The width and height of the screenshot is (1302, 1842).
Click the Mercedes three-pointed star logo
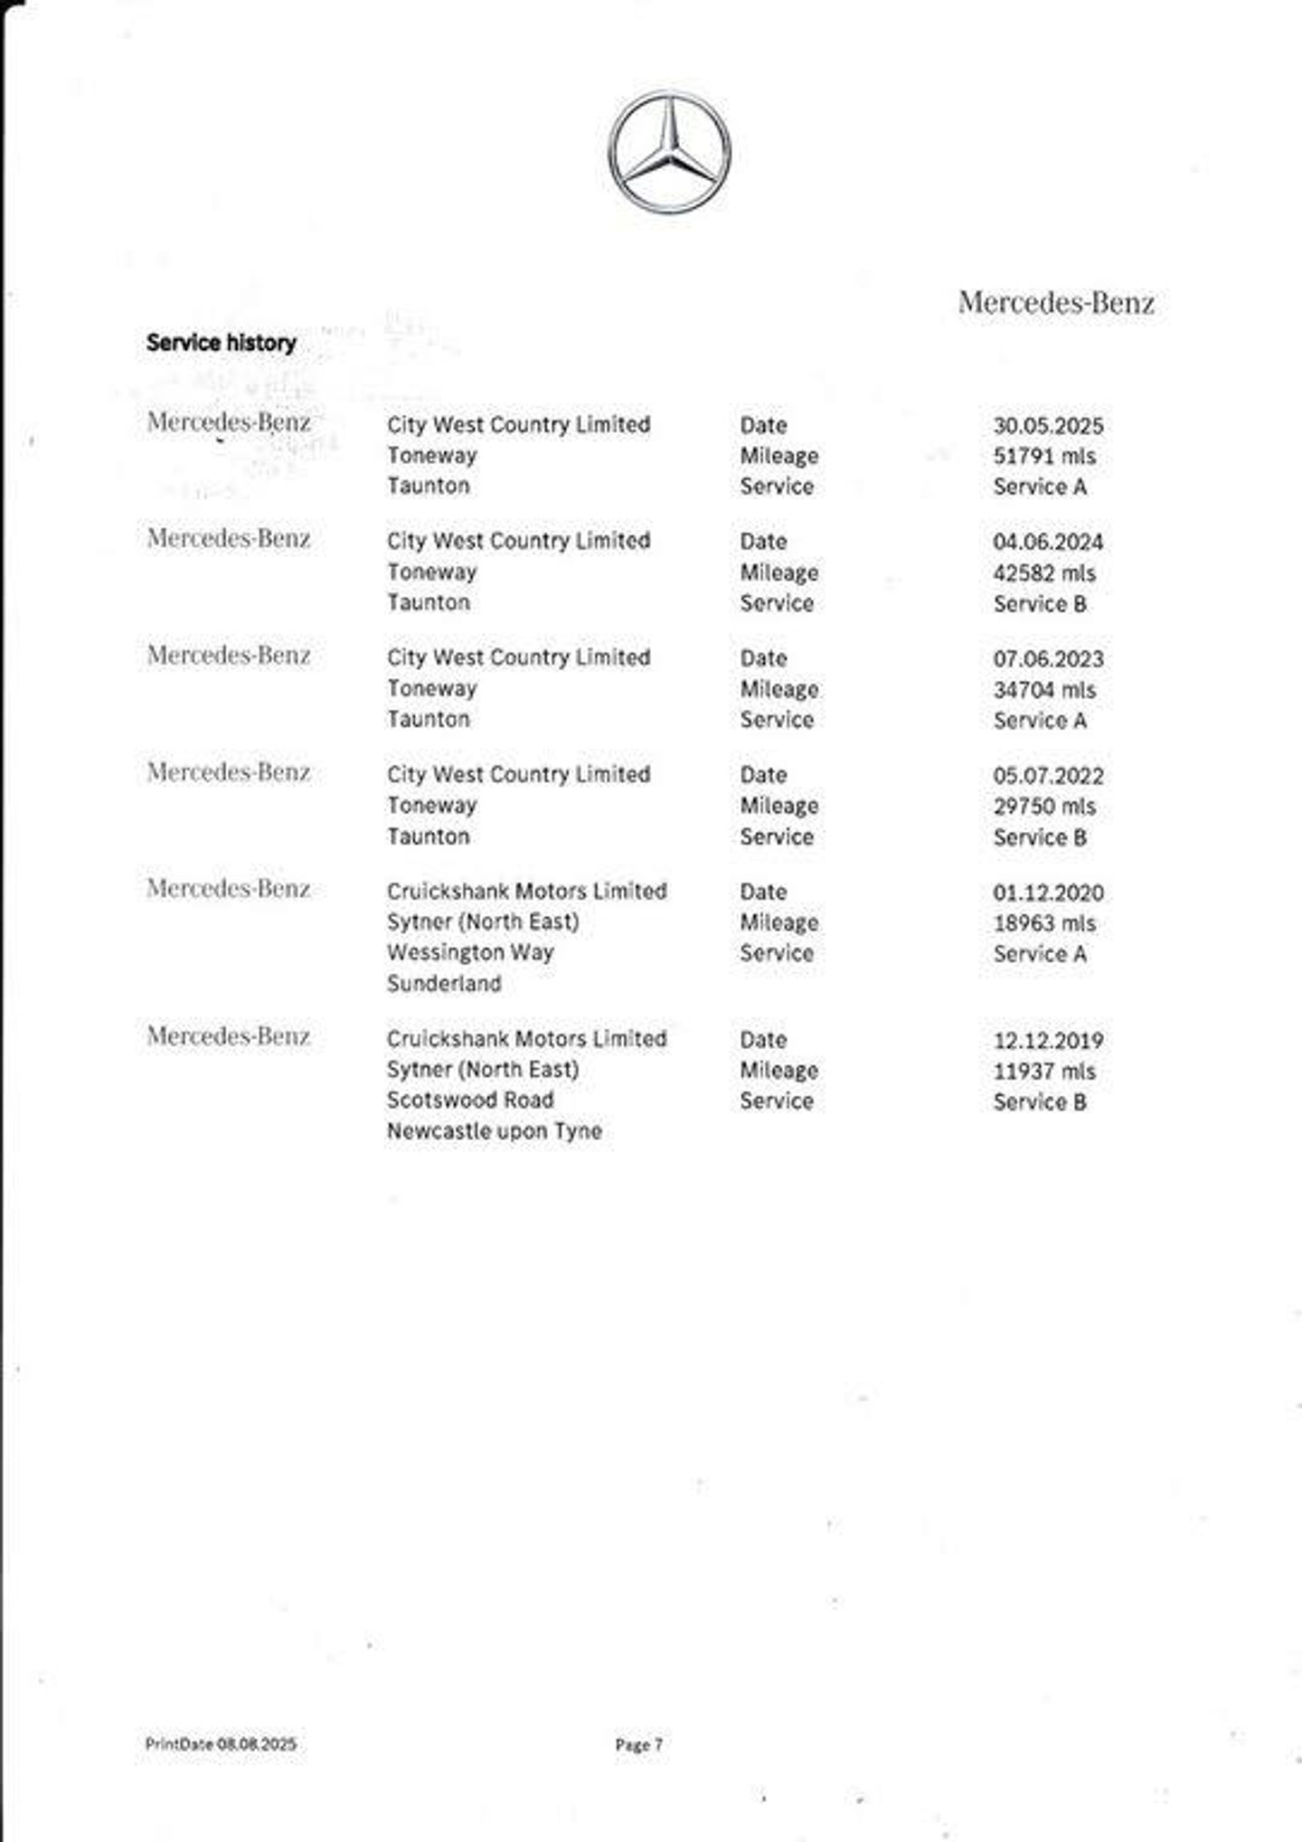point(669,152)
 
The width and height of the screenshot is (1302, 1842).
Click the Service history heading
point(222,343)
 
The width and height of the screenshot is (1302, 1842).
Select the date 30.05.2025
point(1048,426)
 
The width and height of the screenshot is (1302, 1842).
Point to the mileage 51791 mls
point(1044,457)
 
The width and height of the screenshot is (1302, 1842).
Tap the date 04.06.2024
point(1048,543)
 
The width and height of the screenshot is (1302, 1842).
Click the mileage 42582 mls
point(1044,573)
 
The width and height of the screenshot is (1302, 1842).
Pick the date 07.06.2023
point(1048,659)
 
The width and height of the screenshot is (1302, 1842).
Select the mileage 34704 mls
point(1044,690)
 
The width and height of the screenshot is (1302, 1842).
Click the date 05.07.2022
point(1048,776)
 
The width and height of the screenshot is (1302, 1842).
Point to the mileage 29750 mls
point(1044,807)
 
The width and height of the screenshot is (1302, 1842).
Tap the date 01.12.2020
point(1048,893)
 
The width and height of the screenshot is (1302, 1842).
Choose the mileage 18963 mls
point(1044,923)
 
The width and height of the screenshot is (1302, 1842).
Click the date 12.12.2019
point(1048,1041)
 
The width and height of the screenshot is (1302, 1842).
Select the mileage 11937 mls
point(1044,1072)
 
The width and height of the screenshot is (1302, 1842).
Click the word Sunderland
point(444,984)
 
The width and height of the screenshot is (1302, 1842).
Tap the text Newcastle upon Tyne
point(495,1131)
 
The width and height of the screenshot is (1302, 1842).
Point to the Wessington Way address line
point(470,953)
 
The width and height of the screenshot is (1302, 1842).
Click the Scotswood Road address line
point(470,1100)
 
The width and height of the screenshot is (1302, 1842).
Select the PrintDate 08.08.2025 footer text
point(221,1743)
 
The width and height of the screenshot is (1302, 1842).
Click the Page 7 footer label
point(638,1744)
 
